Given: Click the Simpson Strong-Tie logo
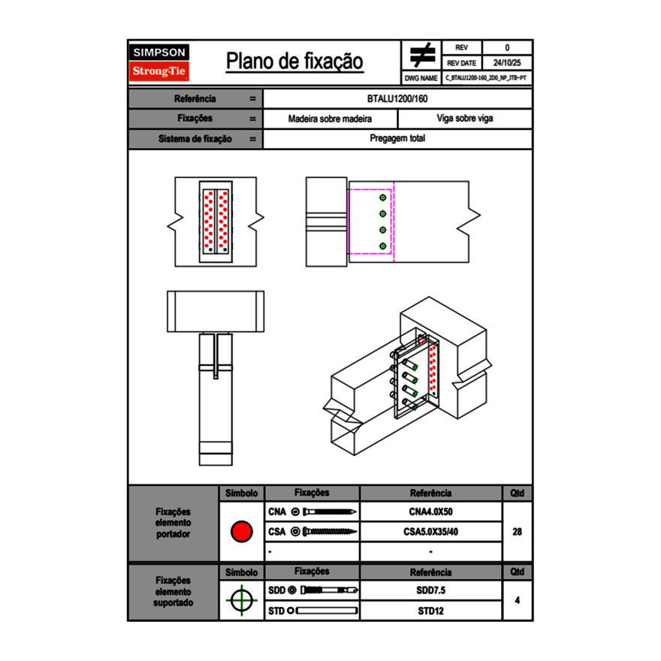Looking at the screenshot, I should click(159, 62).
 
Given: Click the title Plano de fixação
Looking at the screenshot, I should click(294, 62).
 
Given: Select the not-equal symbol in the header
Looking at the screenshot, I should click(422, 56).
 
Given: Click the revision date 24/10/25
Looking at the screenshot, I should click(507, 63).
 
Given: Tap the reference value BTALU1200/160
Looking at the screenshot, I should click(397, 99).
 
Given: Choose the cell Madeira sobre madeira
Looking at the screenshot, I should click(330, 119).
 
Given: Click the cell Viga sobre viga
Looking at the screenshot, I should click(464, 119).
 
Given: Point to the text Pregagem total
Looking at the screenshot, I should click(397, 139).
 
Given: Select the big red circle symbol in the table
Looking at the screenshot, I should click(241, 532).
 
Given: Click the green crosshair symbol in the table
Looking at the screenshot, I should click(241, 600).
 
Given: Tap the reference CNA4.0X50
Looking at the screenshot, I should click(430, 512).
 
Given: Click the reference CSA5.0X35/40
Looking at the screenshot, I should click(430, 532).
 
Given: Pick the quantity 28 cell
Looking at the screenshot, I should click(517, 532).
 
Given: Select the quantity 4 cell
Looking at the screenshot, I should click(517, 600).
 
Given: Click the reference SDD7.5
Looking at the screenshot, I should click(430, 590).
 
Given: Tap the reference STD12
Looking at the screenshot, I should click(430, 611).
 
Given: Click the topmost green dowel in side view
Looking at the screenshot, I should click(383, 197).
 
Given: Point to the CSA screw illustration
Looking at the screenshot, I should click(324, 532).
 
